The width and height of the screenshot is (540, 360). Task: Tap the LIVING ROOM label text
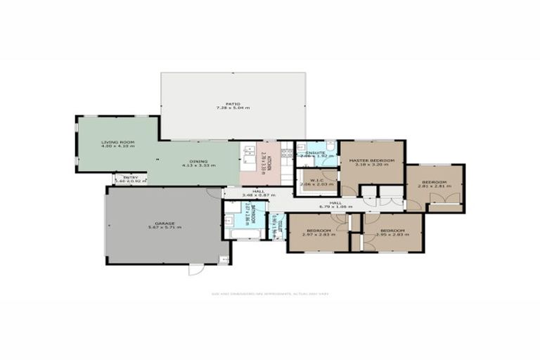[x=117, y=142]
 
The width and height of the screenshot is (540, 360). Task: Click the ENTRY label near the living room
[x=131, y=177]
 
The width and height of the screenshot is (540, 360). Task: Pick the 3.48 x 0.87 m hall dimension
[x=258, y=195]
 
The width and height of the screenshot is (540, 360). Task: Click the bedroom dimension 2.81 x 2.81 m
[x=435, y=187]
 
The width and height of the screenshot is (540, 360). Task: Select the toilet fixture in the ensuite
[x=331, y=148]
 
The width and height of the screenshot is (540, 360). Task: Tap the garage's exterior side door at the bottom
[x=196, y=269]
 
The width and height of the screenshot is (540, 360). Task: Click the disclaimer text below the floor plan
[x=270, y=294]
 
